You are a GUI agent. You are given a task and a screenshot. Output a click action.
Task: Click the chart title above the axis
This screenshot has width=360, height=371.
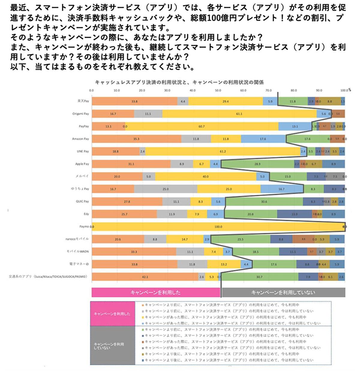[179, 82]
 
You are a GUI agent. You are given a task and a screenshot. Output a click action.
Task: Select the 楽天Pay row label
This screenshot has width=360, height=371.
[83, 101]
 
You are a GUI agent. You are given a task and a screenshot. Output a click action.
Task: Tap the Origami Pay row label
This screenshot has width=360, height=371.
[80, 114]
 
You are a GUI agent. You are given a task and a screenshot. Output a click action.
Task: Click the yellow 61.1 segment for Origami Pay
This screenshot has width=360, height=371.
[239, 114]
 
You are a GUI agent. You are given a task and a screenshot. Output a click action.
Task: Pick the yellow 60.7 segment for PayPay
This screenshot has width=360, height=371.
[201, 127]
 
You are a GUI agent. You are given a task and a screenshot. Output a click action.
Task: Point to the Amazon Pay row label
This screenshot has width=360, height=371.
[80, 139]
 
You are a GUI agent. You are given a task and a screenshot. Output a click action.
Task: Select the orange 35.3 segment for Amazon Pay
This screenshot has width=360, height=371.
[136, 139]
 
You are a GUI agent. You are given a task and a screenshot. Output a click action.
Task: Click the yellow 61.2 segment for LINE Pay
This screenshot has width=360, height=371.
[223, 151]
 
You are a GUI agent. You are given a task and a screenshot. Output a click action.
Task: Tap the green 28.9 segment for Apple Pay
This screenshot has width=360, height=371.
[257, 164]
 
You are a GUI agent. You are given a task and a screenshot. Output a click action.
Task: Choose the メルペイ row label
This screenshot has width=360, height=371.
[82, 176]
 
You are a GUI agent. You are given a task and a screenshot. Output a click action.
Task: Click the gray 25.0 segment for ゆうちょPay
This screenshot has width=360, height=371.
[166, 189]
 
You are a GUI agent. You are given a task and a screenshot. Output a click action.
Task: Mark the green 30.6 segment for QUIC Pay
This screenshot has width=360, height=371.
[264, 202]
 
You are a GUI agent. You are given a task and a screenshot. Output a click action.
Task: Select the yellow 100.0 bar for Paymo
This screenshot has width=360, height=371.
[218, 227]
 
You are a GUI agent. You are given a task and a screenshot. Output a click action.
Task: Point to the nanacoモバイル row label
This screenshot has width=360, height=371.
[77, 239]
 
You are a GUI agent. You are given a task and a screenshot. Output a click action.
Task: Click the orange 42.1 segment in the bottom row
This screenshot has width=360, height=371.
[145, 277]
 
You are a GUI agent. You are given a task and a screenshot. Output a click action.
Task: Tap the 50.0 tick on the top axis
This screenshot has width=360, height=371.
[218, 90]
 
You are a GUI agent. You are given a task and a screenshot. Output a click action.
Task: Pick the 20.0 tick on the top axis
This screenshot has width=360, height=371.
[142, 90]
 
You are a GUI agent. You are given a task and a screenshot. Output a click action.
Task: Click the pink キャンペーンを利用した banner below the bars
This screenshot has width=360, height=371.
[156, 292]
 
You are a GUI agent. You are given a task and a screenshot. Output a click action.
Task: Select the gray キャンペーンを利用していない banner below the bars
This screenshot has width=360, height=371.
[283, 292]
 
